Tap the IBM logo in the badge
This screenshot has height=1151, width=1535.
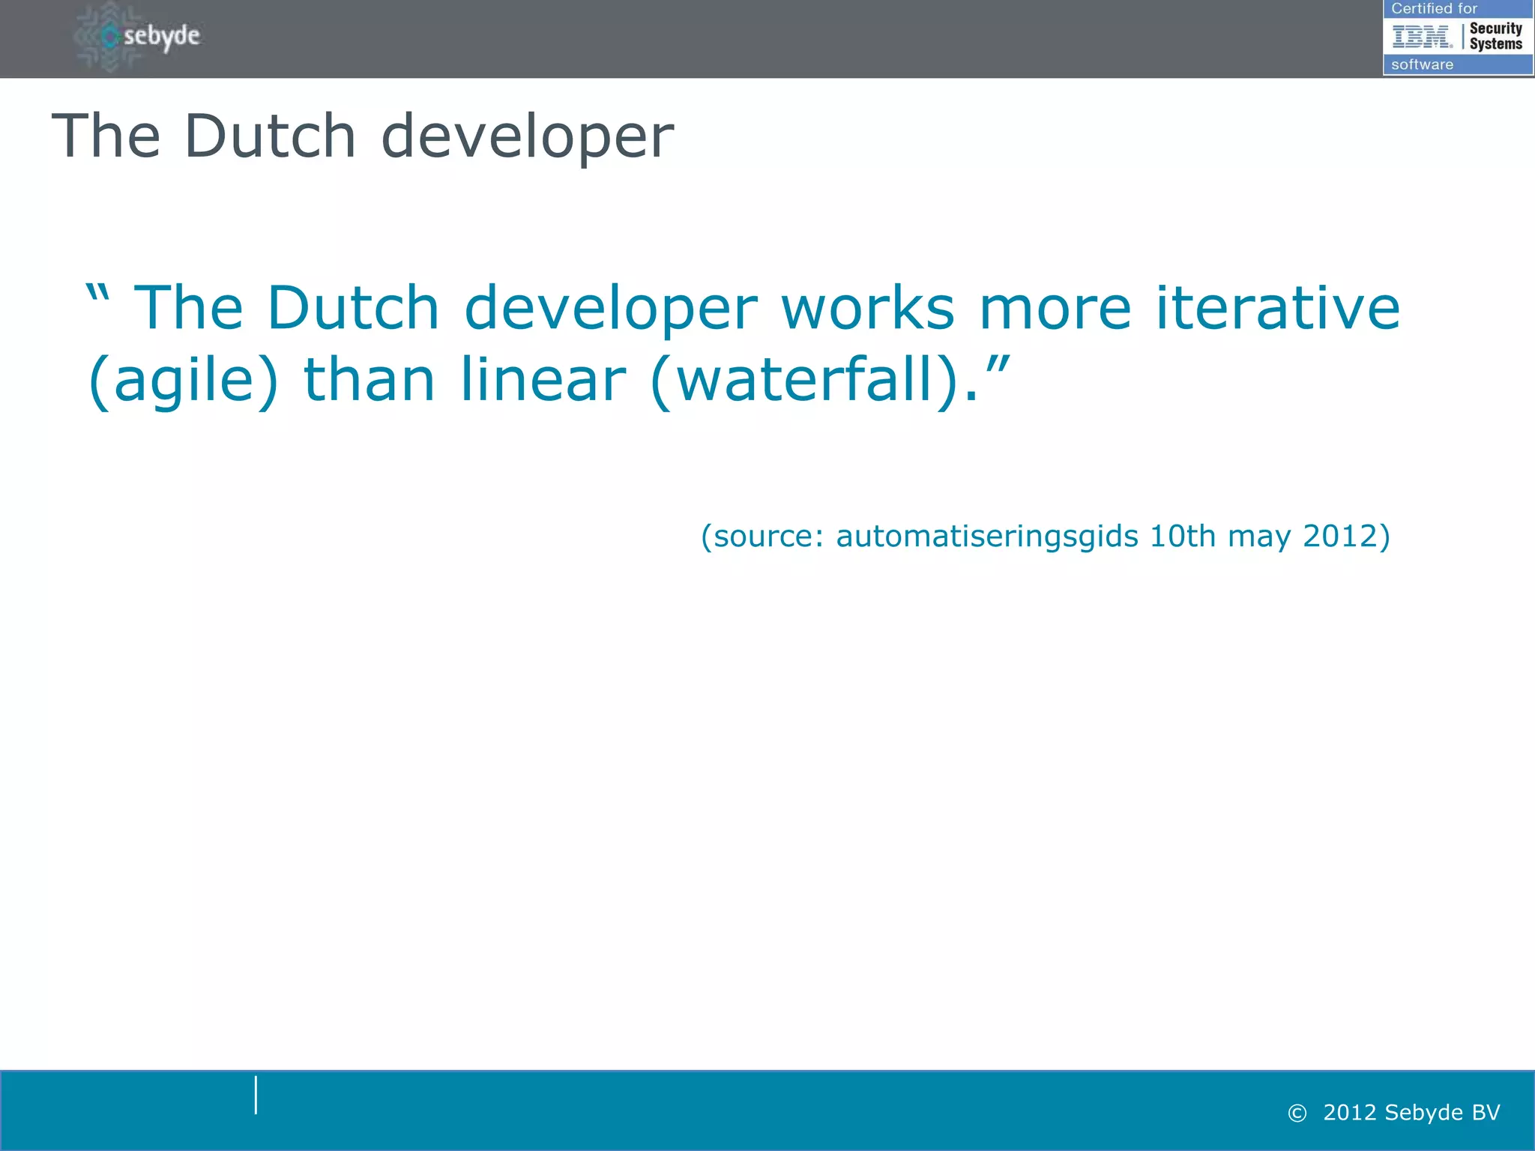point(1421,36)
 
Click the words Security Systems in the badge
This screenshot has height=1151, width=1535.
point(1495,36)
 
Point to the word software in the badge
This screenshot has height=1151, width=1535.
point(1422,64)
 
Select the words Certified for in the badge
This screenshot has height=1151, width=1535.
point(1434,9)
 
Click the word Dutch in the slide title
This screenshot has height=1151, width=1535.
point(270,136)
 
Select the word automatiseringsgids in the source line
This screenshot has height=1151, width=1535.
point(987,537)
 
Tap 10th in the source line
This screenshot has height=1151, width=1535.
point(1182,536)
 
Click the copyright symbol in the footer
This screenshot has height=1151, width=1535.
point(1297,1114)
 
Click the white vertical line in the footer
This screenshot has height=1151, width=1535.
point(256,1095)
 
